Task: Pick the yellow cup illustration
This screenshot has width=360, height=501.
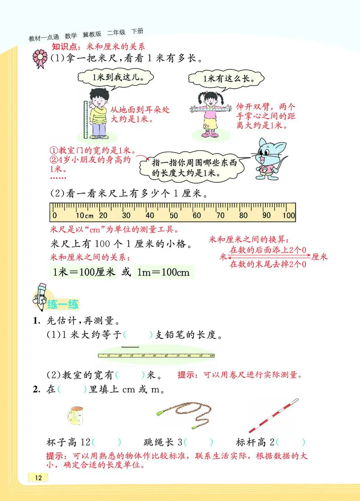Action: [75, 415]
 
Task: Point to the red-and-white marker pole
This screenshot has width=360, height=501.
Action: [273, 415]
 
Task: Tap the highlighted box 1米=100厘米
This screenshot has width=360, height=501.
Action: [84, 272]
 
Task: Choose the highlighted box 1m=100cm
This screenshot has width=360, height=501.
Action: [162, 272]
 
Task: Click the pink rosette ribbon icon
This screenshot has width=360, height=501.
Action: [40, 59]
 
